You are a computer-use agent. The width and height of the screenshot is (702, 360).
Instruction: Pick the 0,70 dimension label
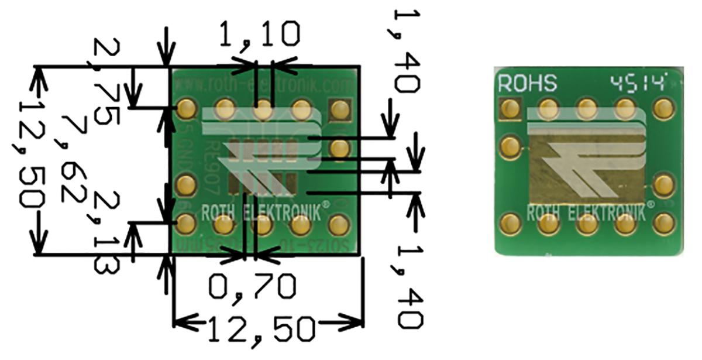tap(252, 286)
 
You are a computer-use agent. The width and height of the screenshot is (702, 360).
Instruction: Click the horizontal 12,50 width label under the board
tap(261, 330)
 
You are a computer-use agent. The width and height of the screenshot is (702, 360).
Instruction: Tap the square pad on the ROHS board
tap(511, 108)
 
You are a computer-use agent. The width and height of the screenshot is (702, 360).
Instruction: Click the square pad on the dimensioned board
tap(339, 109)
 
